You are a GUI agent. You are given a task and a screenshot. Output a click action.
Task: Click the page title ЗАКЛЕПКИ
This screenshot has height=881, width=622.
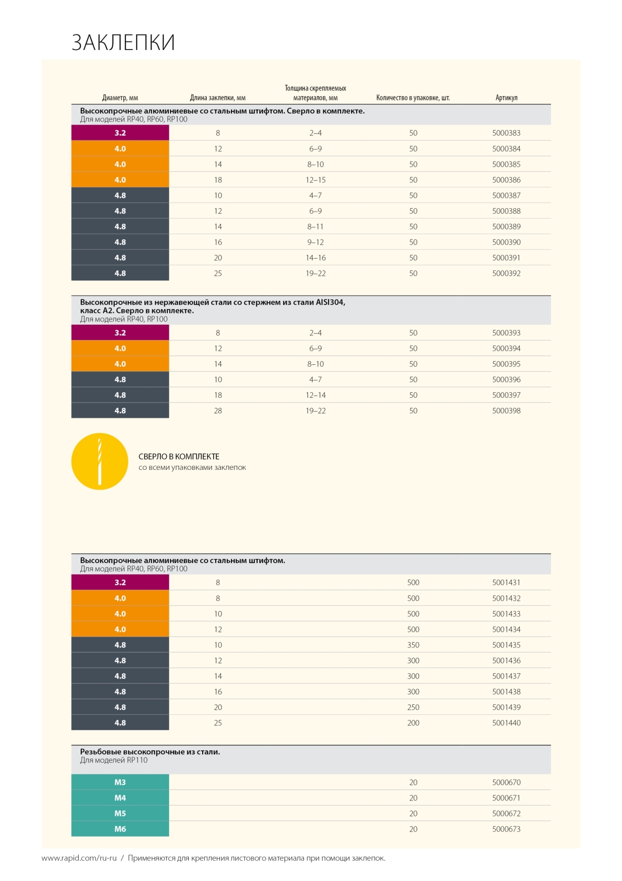(123, 43)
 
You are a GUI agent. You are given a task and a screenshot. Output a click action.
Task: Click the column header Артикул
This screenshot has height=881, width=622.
(506, 98)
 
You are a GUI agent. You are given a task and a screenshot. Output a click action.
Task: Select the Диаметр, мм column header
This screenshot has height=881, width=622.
(120, 98)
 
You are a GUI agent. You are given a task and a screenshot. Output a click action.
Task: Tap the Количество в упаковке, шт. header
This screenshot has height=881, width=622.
(413, 98)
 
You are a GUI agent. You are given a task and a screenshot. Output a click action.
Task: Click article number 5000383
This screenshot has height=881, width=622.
(506, 133)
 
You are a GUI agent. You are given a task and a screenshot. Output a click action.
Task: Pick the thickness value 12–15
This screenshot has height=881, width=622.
(315, 180)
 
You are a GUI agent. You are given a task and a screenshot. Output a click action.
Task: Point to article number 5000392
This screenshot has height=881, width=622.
(506, 273)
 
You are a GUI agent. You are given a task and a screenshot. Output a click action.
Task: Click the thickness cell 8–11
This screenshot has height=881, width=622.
(315, 227)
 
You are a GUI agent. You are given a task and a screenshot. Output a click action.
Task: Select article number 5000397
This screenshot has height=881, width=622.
(506, 395)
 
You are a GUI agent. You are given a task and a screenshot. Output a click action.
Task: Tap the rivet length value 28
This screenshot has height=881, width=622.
(218, 411)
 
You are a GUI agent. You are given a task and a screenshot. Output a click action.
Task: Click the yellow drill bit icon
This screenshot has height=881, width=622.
(99, 461)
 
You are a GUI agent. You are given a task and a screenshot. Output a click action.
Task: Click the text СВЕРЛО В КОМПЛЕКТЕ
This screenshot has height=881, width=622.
(179, 457)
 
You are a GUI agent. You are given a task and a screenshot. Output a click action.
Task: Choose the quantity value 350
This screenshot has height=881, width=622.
(413, 645)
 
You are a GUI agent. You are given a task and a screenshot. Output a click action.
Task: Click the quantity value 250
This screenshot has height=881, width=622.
(413, 708)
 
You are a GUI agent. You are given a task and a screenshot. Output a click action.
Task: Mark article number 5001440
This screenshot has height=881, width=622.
(506, 723)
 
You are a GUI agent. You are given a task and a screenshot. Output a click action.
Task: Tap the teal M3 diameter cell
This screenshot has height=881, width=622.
(120, 782)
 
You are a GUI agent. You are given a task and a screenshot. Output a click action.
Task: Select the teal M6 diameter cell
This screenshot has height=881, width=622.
(120, 829)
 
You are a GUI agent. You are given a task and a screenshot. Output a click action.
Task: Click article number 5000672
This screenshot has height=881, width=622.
(506, 814)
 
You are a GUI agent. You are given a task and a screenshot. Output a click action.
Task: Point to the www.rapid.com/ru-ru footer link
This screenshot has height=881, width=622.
(79, 858)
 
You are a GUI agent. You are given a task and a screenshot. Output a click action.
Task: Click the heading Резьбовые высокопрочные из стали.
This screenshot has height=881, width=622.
(150, 752)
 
